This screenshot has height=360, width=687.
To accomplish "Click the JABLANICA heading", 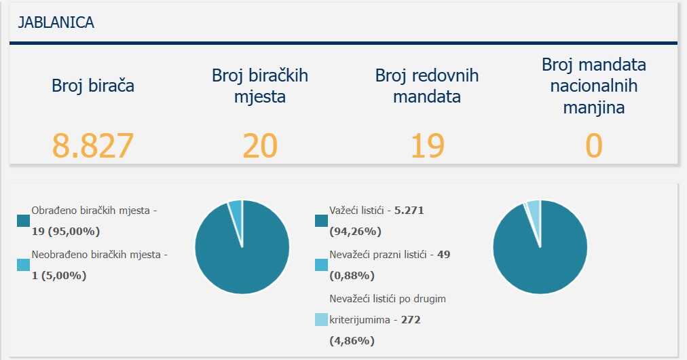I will [52, 22].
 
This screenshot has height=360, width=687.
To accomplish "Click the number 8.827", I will [92, 145].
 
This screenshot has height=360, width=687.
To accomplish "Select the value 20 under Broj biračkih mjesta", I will [260, 145].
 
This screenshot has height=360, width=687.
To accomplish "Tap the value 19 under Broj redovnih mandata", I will [427, 145].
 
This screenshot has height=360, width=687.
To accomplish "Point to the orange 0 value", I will [594, 145].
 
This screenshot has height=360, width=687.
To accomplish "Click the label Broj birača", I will [93, 86].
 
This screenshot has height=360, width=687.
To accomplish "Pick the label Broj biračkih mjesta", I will [260, 86].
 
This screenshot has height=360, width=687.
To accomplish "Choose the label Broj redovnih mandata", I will [427, 86].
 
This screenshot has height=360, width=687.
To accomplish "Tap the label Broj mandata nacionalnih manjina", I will [594, 86].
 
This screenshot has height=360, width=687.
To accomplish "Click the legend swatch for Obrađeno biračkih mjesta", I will [24, 221].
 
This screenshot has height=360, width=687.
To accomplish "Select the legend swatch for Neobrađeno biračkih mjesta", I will [24, 265].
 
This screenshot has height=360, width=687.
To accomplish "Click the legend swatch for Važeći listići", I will [322, 221].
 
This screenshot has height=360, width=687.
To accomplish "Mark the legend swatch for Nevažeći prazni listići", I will [322, 265].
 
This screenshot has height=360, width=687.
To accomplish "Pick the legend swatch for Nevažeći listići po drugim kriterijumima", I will [322, 319].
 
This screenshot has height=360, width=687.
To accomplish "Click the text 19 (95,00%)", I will [66, 231].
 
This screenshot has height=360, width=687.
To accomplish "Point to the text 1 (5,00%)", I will [59, 275].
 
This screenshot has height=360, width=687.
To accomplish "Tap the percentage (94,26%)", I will [352, 231].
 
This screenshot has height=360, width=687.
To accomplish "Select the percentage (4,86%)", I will [352, 340].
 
